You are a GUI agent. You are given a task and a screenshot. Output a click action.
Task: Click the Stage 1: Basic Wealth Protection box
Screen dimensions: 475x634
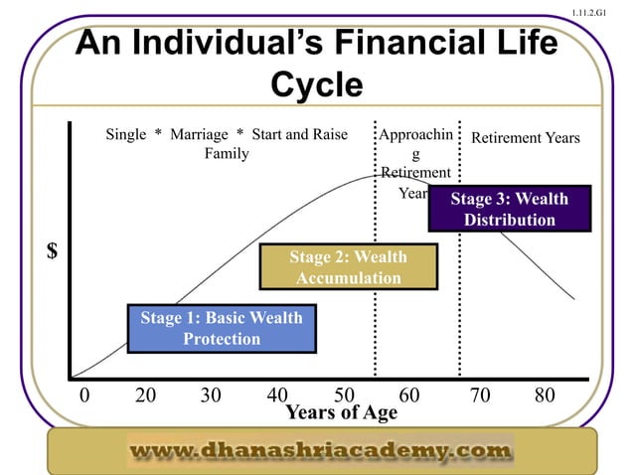pos(222,328)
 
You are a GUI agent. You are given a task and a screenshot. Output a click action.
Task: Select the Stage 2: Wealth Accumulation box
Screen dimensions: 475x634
pos(348,267)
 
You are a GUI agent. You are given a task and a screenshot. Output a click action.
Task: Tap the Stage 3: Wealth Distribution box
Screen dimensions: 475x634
pos(509,209)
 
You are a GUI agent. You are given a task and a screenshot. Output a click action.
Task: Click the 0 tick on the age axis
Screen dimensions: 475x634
pos(83,396)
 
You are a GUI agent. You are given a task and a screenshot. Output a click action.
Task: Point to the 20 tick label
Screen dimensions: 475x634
pos(145,396)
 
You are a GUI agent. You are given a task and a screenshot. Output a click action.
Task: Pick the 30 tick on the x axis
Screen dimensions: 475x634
pos(211,396)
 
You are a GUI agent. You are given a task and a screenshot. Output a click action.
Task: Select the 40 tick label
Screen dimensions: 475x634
pos(277,396)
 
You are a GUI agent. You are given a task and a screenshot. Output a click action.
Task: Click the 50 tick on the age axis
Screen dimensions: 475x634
pos(344,396)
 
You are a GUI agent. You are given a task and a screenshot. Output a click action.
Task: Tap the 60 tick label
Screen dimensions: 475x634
pos(409,396)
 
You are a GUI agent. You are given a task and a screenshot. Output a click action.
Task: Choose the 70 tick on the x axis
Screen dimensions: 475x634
pos(479,396)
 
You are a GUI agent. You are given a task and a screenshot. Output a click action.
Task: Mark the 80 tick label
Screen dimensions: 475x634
pos(544,396)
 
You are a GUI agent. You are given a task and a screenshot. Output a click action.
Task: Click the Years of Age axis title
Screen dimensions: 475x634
pos(341,412)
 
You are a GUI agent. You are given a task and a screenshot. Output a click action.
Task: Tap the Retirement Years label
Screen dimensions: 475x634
pos(525,137)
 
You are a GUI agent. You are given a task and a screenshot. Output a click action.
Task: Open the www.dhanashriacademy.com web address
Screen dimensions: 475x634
pos(320,451)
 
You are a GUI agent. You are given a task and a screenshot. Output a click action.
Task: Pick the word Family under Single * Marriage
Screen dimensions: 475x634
pos(227,154)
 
